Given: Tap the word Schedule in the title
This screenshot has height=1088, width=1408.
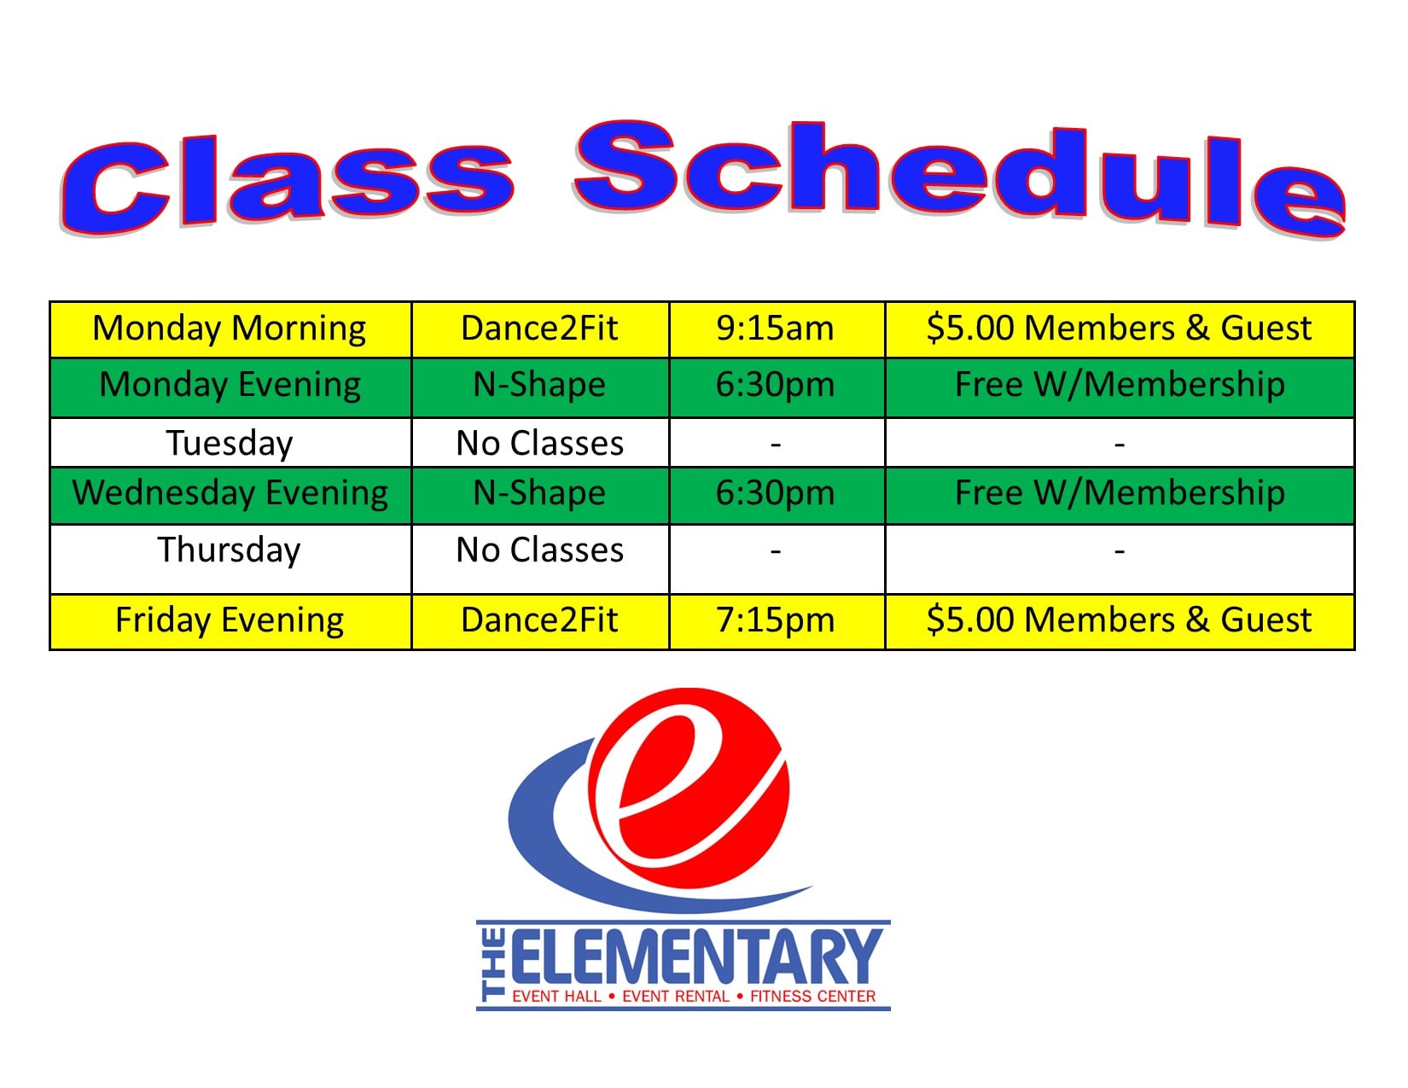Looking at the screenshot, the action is pos(960,178).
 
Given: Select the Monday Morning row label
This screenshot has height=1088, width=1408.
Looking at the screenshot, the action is pos(229,328).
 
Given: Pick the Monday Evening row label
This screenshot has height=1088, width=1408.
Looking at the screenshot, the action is pos(230,385).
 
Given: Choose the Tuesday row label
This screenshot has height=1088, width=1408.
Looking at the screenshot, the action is pos(230,444).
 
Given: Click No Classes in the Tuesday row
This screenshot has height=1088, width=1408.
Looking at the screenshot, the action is pos(540,443).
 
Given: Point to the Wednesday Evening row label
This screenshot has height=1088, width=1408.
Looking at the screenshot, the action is pos(230,493).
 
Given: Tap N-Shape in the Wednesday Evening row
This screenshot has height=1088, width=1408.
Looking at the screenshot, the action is pos(540,493).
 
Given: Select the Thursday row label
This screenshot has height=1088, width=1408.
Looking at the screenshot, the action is pos(229,550).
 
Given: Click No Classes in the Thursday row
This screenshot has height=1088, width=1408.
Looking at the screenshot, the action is pos(540,550).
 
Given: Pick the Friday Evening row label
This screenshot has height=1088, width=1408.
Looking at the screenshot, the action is pos(230,620).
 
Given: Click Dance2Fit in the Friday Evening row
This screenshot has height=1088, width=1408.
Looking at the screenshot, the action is pos(539,620).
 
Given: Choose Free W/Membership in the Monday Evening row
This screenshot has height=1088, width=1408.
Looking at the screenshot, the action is pos(1120,384).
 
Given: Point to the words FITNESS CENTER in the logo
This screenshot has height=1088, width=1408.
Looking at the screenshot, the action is pos(812,997).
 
